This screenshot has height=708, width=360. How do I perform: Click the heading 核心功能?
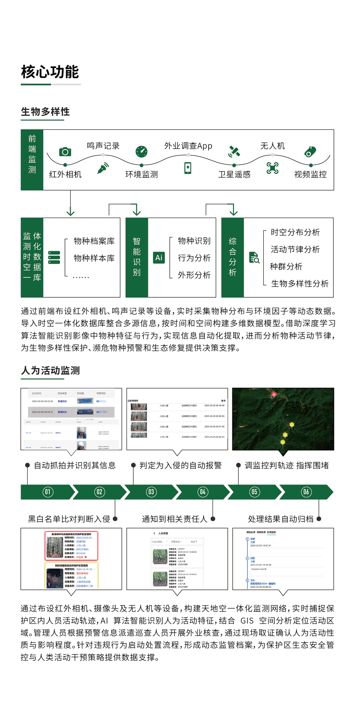click(x=50, y=72)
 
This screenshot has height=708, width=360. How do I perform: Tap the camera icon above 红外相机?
click(x=65, y=152)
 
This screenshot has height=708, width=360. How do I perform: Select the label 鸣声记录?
click(x=103, y=146)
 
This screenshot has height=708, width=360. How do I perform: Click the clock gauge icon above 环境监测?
click(x=141, y=151)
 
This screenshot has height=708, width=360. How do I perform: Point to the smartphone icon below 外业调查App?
click(x=188, y=168)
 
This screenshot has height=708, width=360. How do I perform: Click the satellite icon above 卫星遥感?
click(x=234, y=151)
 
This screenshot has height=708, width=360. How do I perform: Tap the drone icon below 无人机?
click(x=272, y=168)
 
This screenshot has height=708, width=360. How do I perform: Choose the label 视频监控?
click(x=310, y=174)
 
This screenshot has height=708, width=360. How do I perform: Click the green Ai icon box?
click(x=159, y=258)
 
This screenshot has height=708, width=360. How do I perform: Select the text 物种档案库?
click(x=94, y=241)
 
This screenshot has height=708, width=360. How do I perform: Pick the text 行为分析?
click(x=194, y=258)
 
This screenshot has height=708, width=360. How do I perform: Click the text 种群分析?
click(x=286, y=266)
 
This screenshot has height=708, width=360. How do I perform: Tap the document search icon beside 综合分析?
click(x=254, y=258)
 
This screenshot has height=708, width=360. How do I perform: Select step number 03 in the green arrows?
click(x=151, y=492)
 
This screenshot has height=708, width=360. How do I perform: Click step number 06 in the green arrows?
click(x=306, y=492)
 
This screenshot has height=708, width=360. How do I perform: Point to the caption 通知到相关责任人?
click(x=174, y=519)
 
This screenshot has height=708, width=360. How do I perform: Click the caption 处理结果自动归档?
click(x=281, y=519)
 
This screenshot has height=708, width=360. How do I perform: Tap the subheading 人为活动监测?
click(x=50, y=370)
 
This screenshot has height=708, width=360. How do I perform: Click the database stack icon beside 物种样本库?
click(x=54, y=258)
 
